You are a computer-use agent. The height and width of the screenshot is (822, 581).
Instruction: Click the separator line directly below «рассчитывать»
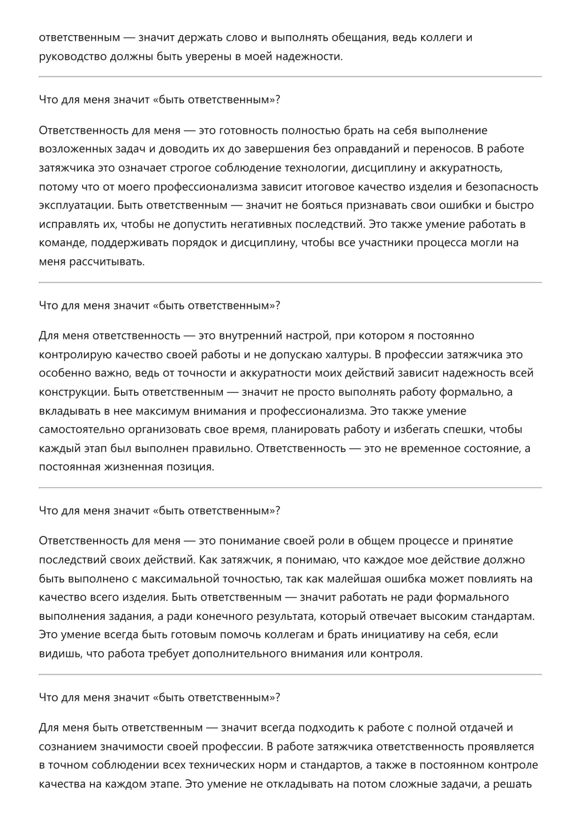pos(290,282)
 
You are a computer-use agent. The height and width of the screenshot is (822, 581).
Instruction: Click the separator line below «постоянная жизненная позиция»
pos(290,488)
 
